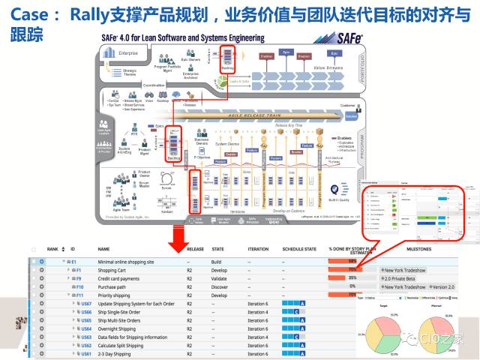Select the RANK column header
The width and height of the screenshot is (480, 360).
pyautogui.click(x=52, y=248)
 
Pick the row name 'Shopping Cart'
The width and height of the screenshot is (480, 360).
pyautogui.click(x=112, y=270)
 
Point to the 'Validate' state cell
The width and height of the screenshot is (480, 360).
pyautogui.click(x=220, y=278)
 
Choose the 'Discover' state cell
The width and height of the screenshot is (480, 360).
pyautogui.click(x=220, y=286)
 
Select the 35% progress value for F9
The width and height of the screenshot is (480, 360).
pyautogui.click(x=351, y=278)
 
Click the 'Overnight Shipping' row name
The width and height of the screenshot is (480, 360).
pyautogui.click(x=121, y=328)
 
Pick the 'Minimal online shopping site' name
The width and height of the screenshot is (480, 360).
pyautogui.click(x=131, y=262)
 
